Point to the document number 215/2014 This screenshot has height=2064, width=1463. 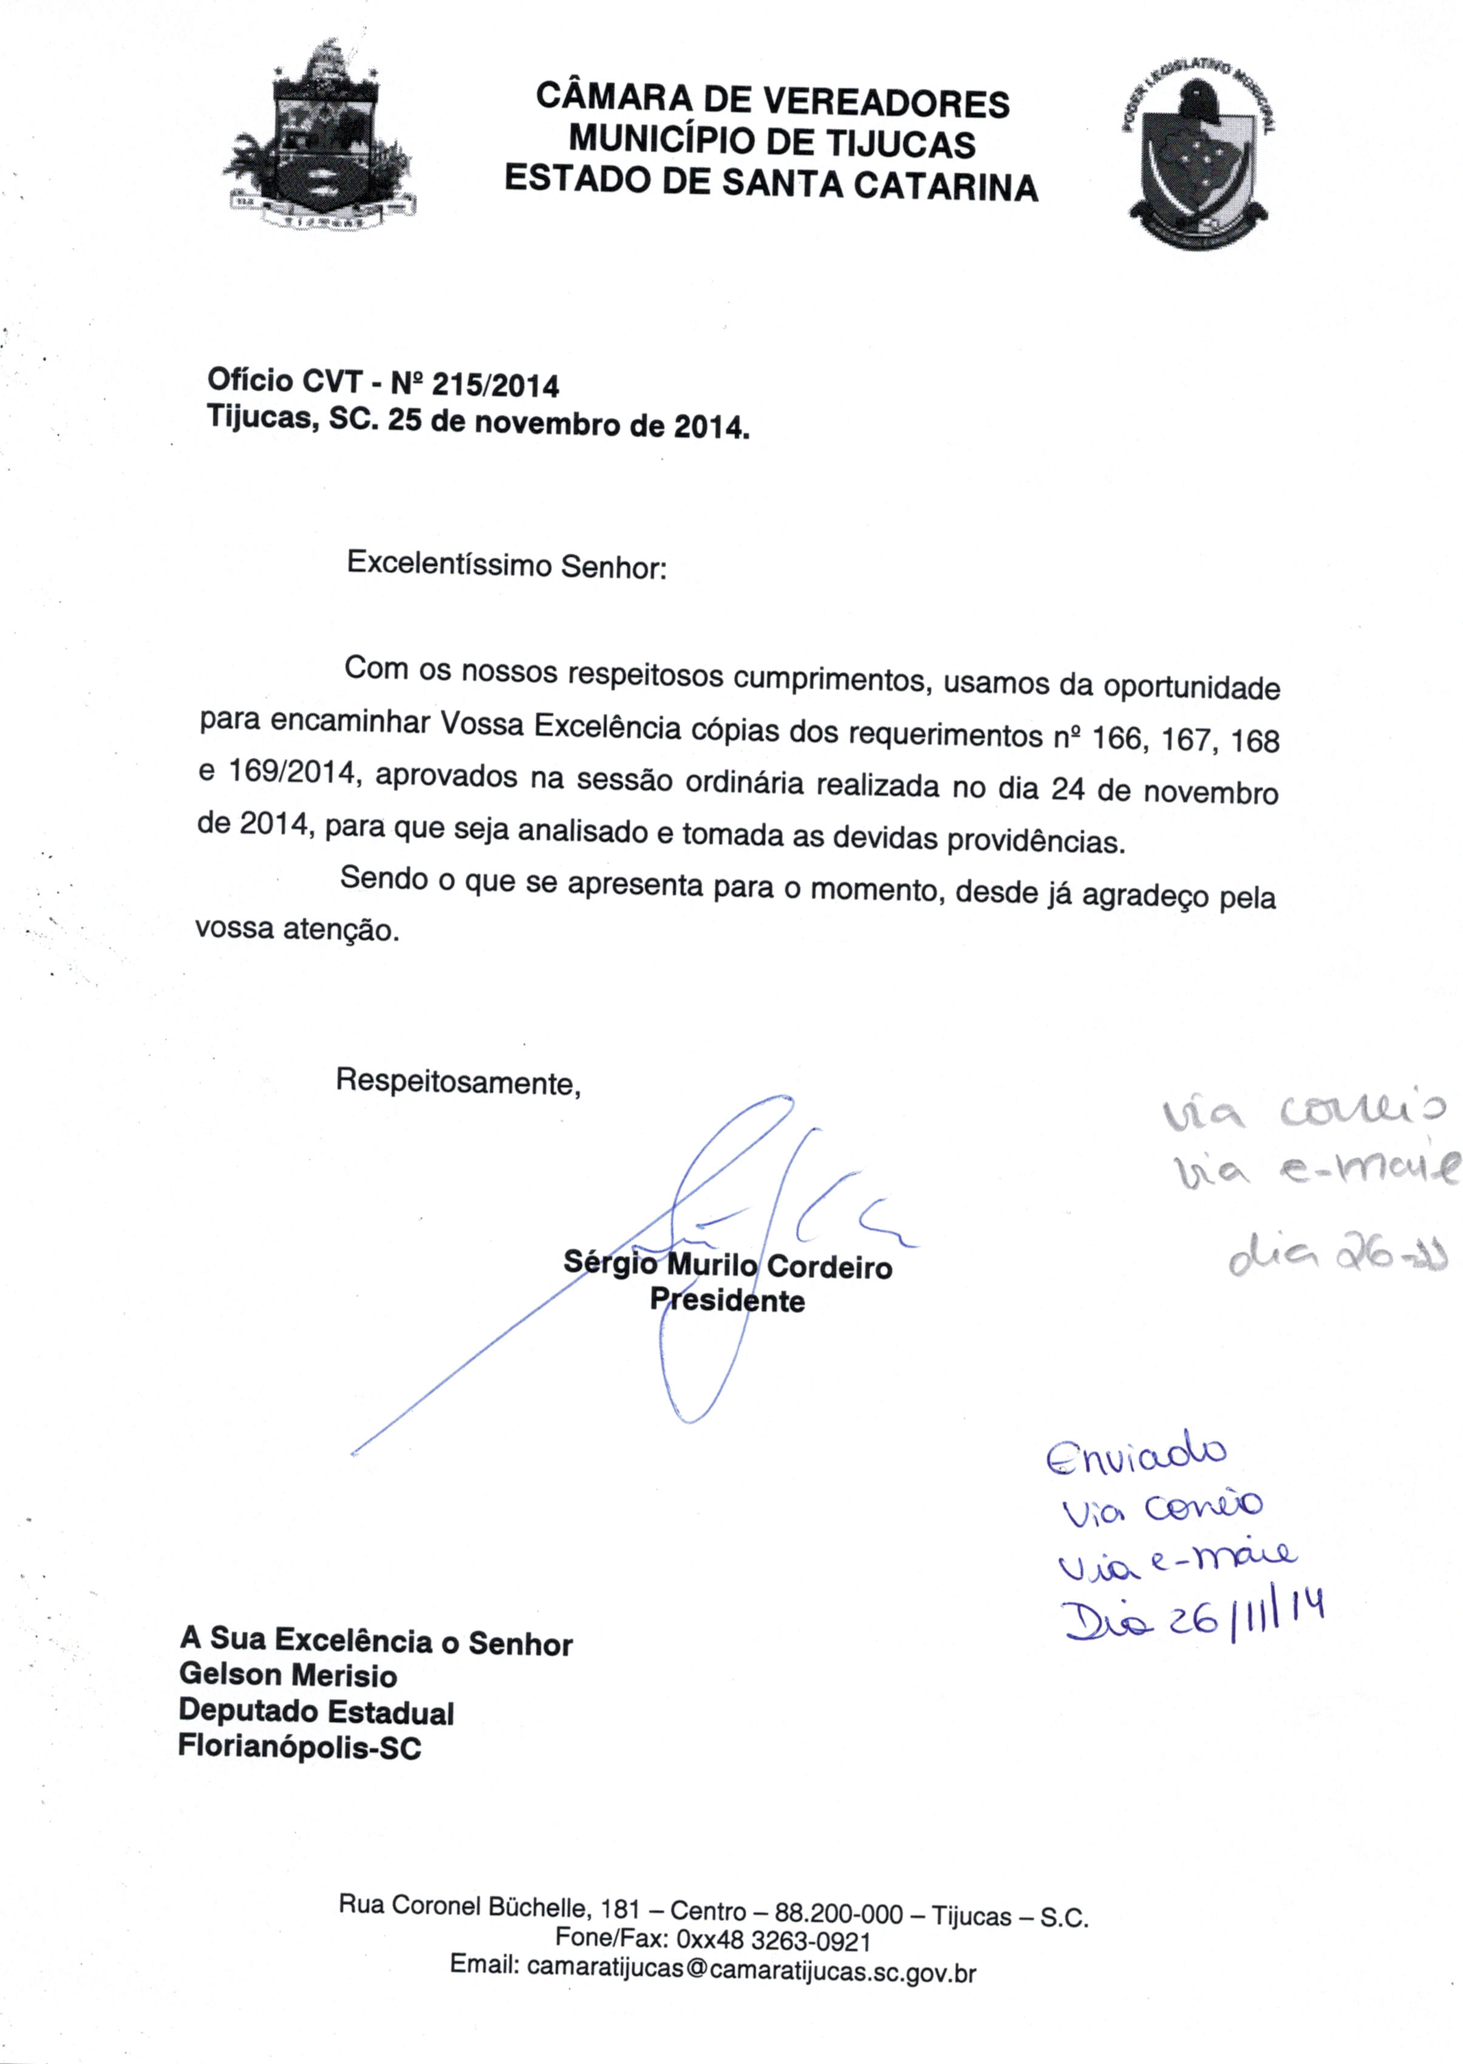click(x=496, y=386)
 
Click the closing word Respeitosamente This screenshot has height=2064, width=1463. click(x=458, y=1080)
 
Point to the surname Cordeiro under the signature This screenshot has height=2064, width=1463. click(x=830, y=1268)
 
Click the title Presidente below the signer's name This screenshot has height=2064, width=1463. click(x=727, y=1300)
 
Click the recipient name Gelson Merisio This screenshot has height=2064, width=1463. click(x=288, y=1676)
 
